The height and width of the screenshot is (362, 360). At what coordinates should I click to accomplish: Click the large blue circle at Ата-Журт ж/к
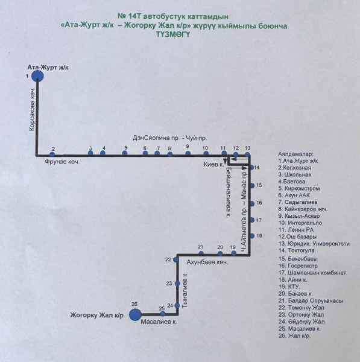[37, 76]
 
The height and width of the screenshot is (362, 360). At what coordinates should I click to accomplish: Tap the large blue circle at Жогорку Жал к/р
[135, 314]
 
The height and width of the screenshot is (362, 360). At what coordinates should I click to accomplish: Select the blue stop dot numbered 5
[125, 153]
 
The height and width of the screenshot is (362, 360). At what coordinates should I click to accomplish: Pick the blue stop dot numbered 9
[188, 153]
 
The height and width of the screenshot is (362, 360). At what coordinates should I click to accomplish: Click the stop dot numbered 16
[252, 203]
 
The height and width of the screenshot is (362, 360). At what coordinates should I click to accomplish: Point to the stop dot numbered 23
[177, 284]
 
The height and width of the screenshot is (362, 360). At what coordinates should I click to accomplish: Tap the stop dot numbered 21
[201, 253]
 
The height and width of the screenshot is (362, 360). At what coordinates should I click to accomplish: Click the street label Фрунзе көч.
[62, 161]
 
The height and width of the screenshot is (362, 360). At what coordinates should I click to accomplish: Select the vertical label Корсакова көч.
[32, 109]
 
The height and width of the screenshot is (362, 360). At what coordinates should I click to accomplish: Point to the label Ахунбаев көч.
[207, 262]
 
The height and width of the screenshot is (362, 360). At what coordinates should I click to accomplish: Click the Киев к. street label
[214, 164]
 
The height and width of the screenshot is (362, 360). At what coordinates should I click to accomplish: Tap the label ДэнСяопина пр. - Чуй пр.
[169, 138]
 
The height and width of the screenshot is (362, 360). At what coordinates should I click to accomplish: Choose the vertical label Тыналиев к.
[185, 290]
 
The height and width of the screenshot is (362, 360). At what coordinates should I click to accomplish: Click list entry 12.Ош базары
[297, 237]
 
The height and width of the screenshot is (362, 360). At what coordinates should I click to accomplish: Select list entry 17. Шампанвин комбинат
[312, 273]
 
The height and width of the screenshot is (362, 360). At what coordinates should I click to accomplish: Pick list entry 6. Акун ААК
[294, 195]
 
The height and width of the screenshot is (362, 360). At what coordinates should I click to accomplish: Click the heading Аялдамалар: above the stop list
[295, 154]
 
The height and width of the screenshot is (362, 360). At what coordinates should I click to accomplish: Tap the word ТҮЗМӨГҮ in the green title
[173, 34]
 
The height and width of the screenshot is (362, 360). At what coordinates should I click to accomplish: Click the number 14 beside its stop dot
[257, 167]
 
